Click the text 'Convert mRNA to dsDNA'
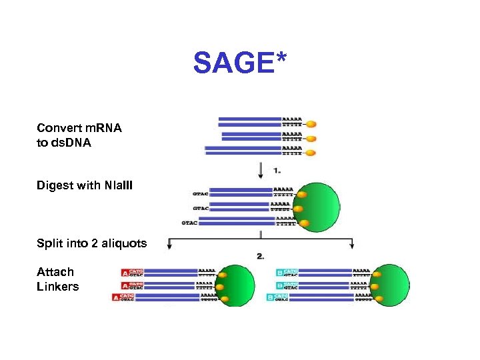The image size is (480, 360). [79, 135]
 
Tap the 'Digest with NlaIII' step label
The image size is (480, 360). [85, 185]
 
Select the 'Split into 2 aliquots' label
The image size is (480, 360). [92, 243]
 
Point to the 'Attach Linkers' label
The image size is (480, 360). [57, 279]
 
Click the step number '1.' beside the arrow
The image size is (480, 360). [277, 171]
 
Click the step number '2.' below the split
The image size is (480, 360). [261, 256]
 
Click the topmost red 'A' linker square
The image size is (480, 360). [125, 273]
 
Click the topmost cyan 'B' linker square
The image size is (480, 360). [279, 273]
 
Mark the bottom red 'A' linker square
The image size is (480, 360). [115, 297]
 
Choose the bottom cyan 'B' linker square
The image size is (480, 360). [270, 297]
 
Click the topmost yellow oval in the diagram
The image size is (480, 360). [311, 124]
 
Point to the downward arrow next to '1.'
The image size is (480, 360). [261, 171]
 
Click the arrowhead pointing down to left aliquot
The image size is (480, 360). [171, 247]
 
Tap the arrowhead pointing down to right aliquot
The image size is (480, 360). [352, 247]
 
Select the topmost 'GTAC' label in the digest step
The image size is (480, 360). [200, 193]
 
